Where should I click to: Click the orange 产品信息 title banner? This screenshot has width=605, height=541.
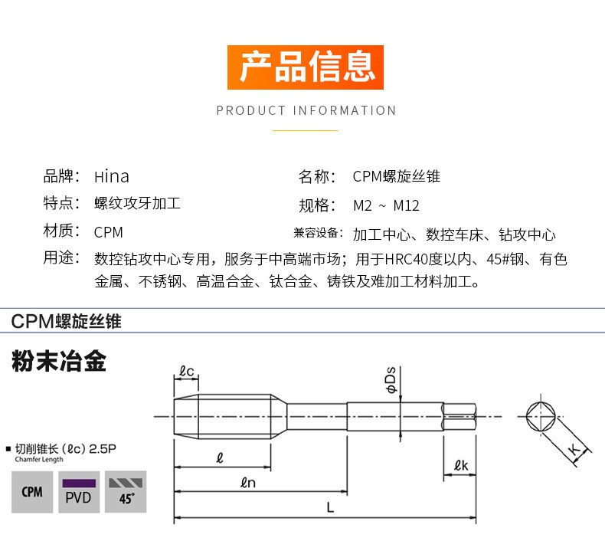tap(306, 67)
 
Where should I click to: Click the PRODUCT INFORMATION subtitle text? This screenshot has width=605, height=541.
tap(306, 110)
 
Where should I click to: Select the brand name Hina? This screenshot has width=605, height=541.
tap(112, 176)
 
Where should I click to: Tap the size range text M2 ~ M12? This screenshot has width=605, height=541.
tap(386, 205)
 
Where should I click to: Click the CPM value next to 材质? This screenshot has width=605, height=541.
tap(109, 232)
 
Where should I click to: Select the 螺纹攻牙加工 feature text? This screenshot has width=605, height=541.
tap(137, 203)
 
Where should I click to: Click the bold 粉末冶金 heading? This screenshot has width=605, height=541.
tap(59, 361)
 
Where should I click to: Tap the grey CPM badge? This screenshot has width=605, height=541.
tap(32, 491)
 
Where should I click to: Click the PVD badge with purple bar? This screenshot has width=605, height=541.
tap(79, 491)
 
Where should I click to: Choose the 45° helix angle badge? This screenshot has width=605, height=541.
tap(126, 491)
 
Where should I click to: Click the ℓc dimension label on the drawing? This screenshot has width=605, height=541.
tap(186, 371)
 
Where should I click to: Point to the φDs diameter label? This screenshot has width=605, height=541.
tap(391, 379)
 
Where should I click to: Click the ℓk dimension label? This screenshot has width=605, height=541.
tap(461, 465)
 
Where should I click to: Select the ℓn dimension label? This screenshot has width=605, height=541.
tap(247, 482)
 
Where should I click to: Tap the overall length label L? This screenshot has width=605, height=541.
tap(330, 507)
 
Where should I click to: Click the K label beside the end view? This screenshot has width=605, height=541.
tap(574, 449)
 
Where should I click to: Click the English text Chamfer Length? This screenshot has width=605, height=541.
tap(39, 459)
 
